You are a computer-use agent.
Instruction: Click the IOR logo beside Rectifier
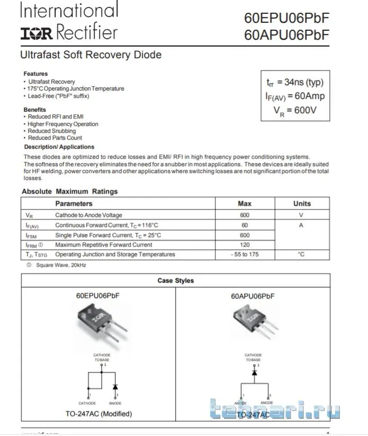37,34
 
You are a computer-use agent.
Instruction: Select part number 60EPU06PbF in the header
286,17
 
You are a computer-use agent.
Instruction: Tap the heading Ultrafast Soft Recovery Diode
91,55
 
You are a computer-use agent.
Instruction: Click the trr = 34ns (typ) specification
295,82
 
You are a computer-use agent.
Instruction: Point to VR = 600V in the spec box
295,111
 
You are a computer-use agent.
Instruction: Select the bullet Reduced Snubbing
52,131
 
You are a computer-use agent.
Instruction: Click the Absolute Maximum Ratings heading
69,192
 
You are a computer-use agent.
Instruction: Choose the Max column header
245,204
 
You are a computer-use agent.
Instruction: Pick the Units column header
302,204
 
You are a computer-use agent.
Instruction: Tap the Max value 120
245,245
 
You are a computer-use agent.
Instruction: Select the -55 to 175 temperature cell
245,255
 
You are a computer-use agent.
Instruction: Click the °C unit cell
301,255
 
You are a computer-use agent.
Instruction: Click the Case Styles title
176,281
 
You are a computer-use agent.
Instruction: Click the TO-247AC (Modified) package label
98,414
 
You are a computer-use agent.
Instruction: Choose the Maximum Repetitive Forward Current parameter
104,245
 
